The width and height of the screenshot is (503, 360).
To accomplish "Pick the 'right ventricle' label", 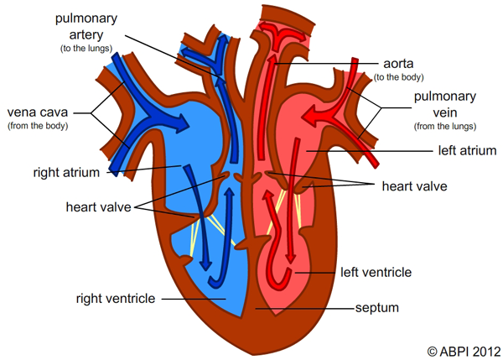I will tap(115, 297).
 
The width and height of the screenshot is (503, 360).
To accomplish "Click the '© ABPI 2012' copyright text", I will tap(464, 351).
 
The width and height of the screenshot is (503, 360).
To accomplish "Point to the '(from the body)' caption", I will tap(38, 126).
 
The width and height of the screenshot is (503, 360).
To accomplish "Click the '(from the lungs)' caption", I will tap(445, 126).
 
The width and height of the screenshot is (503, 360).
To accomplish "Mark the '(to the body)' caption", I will tap(397, 77).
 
